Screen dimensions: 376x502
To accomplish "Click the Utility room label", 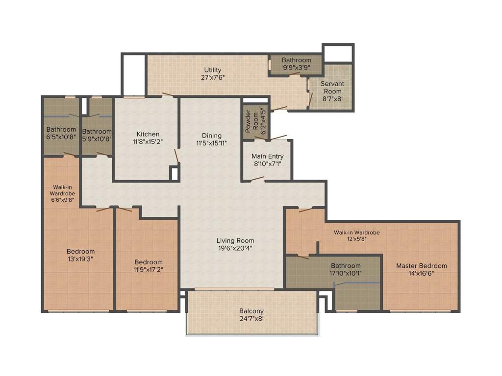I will click(x=213, y=70).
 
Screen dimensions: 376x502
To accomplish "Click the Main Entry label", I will click(x=267, y=156).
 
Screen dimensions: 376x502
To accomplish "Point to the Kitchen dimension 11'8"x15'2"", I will click(x=147, y=141).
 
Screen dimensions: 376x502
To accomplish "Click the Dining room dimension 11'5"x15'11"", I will click(x=212, y=143).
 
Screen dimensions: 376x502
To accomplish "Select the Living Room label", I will click(x=235, y=240).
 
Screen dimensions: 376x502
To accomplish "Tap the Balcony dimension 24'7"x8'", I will click(x=251, y=319).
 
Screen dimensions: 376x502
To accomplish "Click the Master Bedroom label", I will click(x=421, y=266).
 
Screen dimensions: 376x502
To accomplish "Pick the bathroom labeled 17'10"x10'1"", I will click(x=346, y=273).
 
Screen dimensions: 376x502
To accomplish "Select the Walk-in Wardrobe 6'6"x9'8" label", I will click(x=62, y=193).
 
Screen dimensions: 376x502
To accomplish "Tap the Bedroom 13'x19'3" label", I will click(x=80, y=252).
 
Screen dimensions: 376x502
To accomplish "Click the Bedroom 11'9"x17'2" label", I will click(x=149, y=262).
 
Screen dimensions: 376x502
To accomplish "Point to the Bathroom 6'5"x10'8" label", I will click(x=61, y=129).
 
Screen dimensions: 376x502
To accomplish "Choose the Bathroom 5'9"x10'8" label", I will click(x=97, y=131).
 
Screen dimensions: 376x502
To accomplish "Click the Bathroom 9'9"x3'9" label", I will click(x=296, y=60).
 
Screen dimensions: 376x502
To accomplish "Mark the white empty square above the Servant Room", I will click(x=337, y=53).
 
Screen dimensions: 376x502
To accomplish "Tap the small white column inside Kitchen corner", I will click(x=174, y=173).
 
